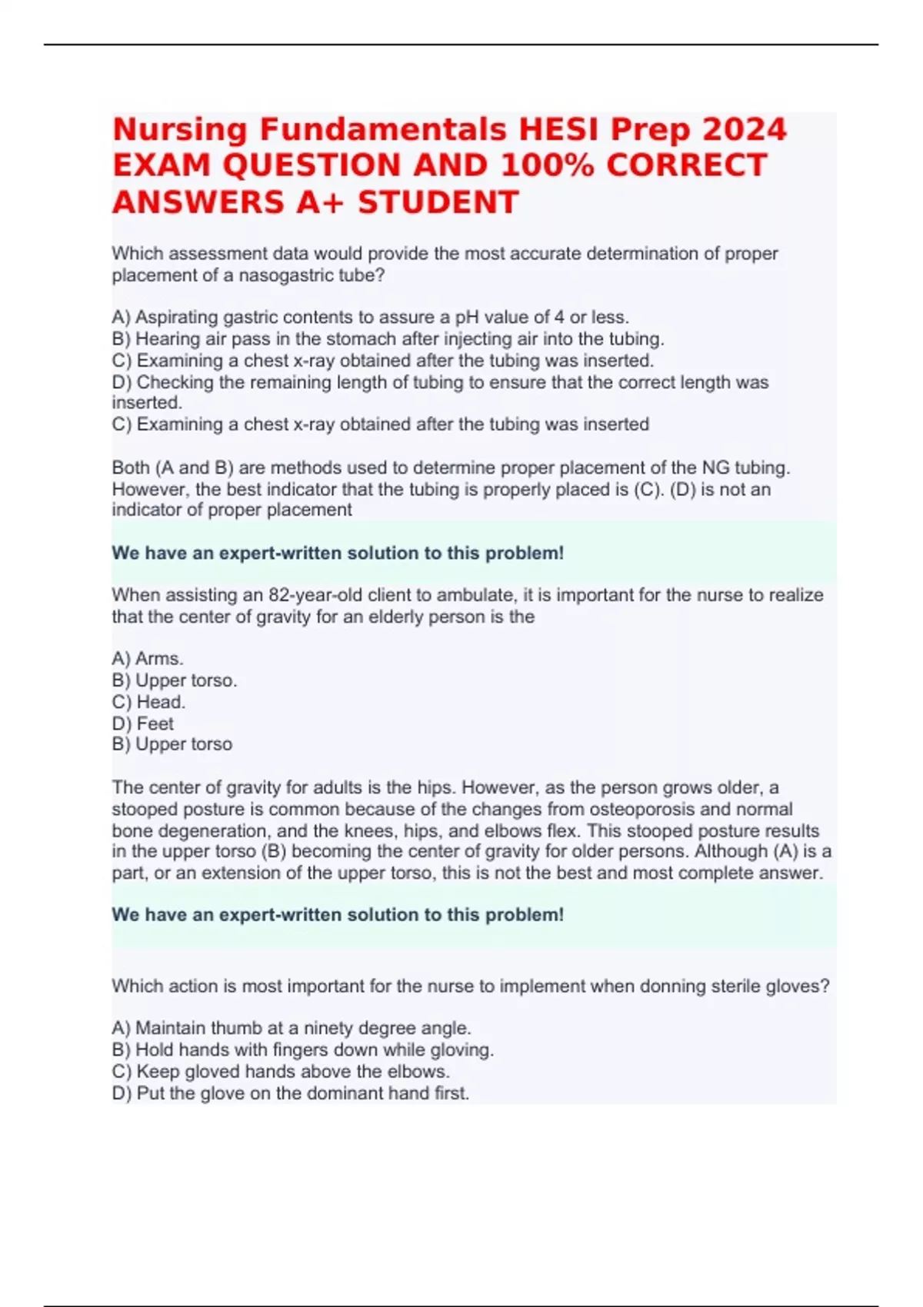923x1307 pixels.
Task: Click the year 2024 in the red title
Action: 744,129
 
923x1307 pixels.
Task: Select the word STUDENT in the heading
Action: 438,202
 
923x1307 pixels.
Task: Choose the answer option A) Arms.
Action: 148,659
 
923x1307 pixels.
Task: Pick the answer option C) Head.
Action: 148,702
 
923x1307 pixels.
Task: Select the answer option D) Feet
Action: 143,723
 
